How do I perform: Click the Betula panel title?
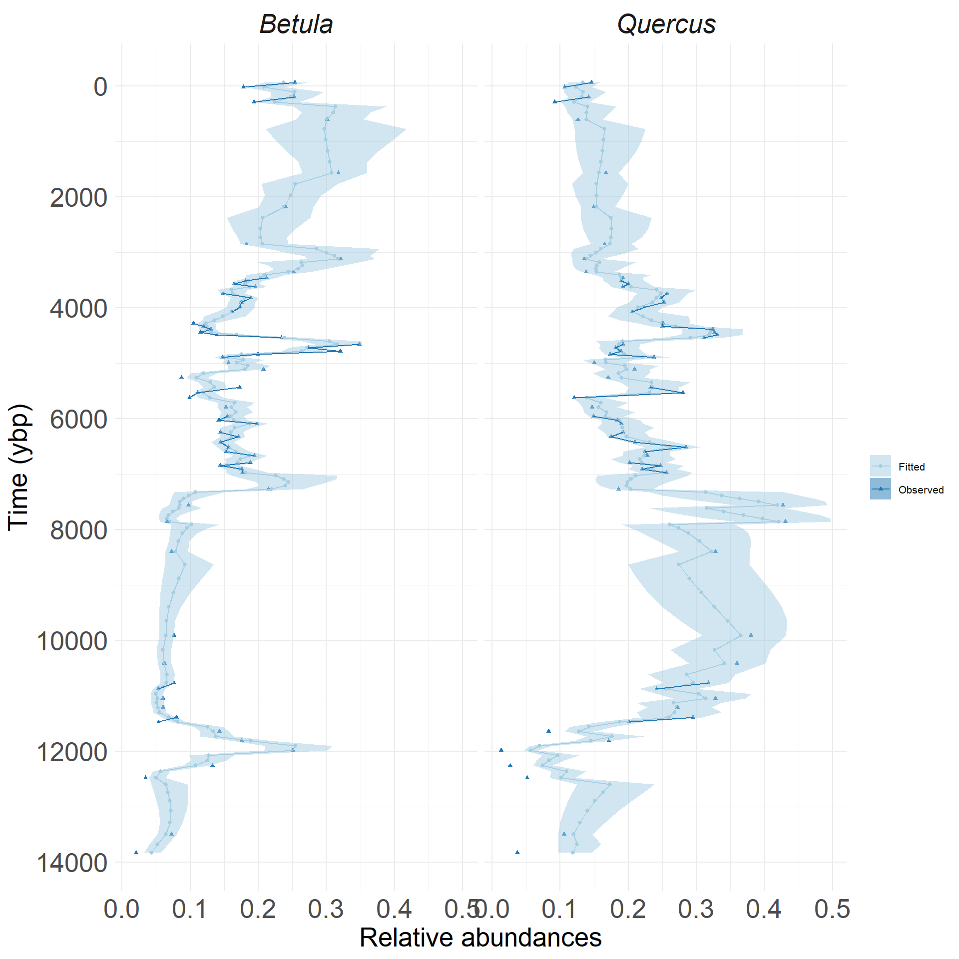tap(296, 24)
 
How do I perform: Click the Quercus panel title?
tap(666, 24)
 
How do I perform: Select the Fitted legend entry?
tap(911, 467)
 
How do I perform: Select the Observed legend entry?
tap(921, 490)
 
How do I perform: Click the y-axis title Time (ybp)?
tap(20, 467)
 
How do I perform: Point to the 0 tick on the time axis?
tap(100, 87)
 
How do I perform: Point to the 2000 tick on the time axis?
tap(79, 198)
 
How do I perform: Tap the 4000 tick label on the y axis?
tap(79, 309)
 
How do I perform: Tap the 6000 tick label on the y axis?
tap(79, 420)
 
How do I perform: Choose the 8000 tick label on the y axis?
tap(79, 530)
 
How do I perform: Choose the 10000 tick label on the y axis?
tap(72, 641)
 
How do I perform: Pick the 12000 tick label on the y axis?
tap(72, 752)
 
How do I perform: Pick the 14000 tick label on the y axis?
tap(72, 863)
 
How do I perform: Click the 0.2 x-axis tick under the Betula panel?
tap(258, 909)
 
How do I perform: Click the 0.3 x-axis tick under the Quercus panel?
tap(696, 909)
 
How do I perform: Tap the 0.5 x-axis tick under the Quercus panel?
tap(832, 909)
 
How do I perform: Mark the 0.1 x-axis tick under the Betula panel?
tap(190, 909)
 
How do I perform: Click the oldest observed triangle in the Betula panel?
tap(136, 852)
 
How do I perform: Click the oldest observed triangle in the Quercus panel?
tap(517, 852)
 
